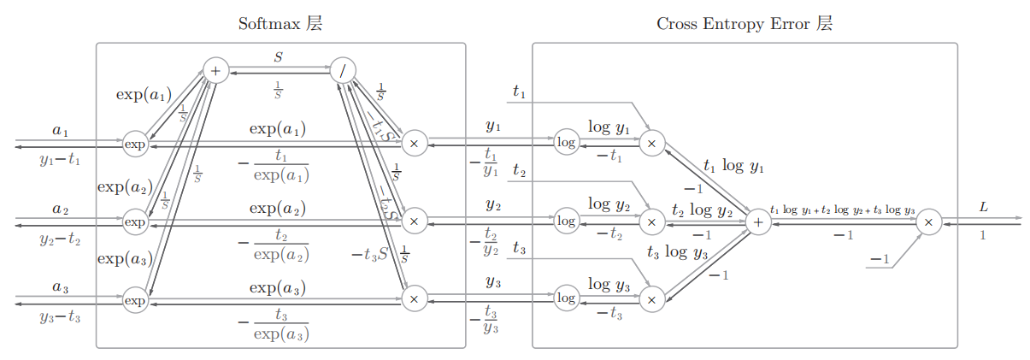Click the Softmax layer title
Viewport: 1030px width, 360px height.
[x=281, y=24]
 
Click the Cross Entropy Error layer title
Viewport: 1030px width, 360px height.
[x=744, y=24]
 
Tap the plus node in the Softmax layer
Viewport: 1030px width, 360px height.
[x=215, y=71]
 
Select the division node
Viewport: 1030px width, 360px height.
[x=343, y=71]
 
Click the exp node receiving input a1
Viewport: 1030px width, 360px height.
[x=135, y=145]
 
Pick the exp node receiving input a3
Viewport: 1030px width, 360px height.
[x=135, y=300]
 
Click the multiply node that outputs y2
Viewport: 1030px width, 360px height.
[x=414, y=221]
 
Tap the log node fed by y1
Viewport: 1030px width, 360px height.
[x=566, y=143]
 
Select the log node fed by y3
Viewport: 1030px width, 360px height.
[x=566, y=298]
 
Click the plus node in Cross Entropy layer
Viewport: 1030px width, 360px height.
[x=757, y=221]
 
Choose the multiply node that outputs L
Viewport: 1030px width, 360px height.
[x=928, y=221]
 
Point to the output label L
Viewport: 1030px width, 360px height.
[x=983, y=207]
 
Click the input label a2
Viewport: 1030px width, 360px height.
[x=60, y=208]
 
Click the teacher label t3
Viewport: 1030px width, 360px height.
[x=519, y=248]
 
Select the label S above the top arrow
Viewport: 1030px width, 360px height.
[x=278, y=57]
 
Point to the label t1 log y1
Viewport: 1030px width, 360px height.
[x=733, y=166]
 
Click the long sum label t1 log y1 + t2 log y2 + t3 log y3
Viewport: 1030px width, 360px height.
[x=842, y=210]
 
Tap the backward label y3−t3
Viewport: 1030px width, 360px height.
[x=60, y=317]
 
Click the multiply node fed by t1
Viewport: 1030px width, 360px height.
[x=651, y=143]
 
